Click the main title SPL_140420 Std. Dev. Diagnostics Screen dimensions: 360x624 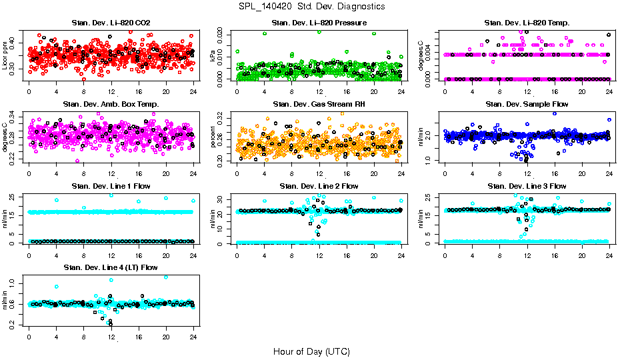[311, 7]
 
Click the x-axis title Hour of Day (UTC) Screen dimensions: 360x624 [311, 351]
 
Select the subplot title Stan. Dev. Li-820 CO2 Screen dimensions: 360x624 [111, 23]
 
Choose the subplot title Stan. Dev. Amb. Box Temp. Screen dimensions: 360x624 [111, 105]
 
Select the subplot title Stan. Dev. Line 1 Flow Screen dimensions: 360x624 [111, 186]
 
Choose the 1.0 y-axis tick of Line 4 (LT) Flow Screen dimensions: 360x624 [15, 283]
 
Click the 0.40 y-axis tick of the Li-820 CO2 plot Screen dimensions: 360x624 [15, 43]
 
